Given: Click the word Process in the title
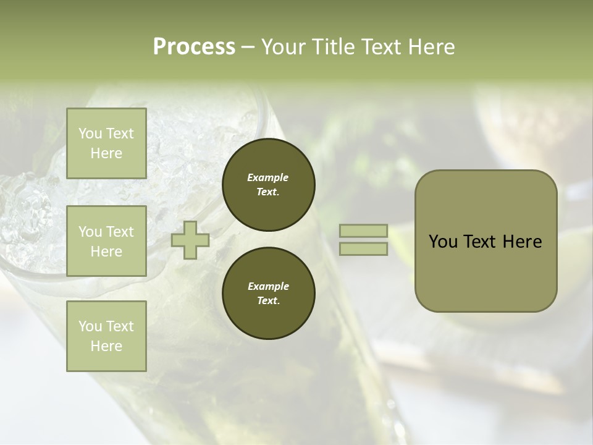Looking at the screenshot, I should pos(194,47).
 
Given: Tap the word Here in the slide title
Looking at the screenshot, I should pos(431,47).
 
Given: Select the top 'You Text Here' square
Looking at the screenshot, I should pos(106,143).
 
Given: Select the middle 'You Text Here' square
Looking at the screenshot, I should pos(106,241).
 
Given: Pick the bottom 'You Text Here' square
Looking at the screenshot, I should pos(106,336).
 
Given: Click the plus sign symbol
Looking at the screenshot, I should pos(190,240).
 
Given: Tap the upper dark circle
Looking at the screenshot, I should pos(269,184).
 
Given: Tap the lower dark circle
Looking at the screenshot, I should pos(269,294).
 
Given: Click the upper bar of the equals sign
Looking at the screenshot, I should pos(363,231).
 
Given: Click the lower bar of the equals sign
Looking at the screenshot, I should pos(363,249).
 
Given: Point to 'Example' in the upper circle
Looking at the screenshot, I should pos(268,177).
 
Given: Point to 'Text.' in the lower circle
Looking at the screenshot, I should pos(268,301).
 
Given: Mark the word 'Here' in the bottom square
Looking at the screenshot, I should pos(106,346).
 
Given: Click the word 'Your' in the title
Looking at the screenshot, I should pos(285,47).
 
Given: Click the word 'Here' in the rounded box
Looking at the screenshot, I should pos(522,242).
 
